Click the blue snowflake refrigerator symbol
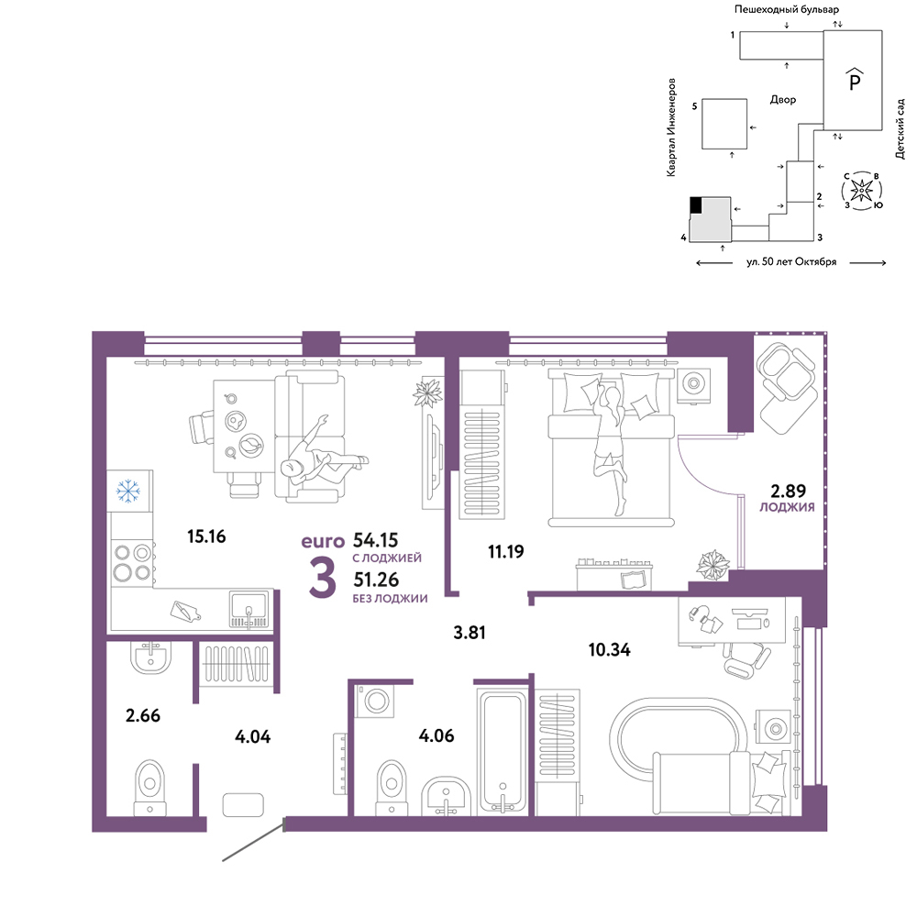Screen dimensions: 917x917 pyautogui.click(x=128, y=492)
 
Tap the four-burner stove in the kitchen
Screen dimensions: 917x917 pyautogui.click(x=133, y=564)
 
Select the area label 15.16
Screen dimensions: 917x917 pyautogui.click(x=206, y=536)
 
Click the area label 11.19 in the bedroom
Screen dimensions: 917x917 pyautogui.click(x=506, y=551)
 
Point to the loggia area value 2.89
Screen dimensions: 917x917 pyautogui.click(x=788, y=491)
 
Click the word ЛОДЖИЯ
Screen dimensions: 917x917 pyautogui.click(x=787, y=508)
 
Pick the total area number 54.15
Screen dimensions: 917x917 pyautogui.click(x=375, y=540)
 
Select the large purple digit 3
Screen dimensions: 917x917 pyautogui.click(x=322, y=578)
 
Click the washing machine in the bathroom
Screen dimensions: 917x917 pyautogui.click(x=375, y=700)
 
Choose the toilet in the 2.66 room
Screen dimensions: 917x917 pyautogui.click(x=150, y=787)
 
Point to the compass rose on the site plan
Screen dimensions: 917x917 pyautogui.click(x=861, y=191)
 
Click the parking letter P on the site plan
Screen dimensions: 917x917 pyautogui.click(x=855, y=79)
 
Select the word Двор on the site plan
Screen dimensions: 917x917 pyautogui.click(x=782, y=100)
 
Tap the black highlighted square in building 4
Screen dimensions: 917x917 pyautogui.click(x=696, y=204)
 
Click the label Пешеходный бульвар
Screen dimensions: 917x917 pyautogui.click(x=787, y=9)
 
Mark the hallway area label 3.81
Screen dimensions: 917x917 pyautogui.click(x=470, y=632)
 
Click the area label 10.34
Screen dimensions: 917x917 pyautogui.click(x=610, y=650)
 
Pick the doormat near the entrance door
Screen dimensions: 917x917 pyautogui.click(x=243, y=805)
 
